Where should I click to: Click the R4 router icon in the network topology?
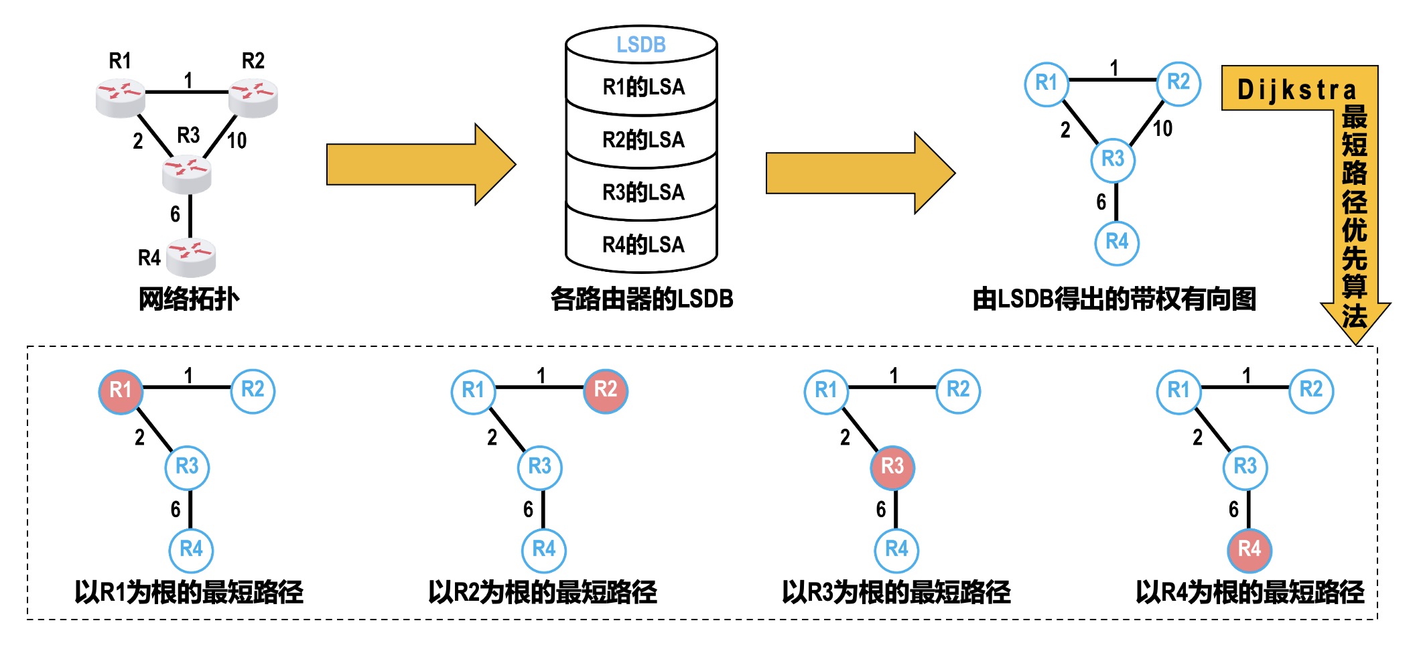191,257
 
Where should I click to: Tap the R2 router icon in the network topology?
253,98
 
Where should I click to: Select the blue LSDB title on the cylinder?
641,45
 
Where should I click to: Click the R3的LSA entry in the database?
643,192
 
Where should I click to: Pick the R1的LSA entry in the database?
643,87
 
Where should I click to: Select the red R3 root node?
892,467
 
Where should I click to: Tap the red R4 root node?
1249,550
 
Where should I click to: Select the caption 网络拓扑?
189,299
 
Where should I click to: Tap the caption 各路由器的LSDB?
642,299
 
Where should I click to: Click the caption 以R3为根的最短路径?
896,592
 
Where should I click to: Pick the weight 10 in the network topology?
236,141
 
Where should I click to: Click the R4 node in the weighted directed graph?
1117,242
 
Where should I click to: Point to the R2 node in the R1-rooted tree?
253,390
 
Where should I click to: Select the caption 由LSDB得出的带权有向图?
1114,299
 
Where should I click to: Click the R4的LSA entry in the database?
643,245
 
